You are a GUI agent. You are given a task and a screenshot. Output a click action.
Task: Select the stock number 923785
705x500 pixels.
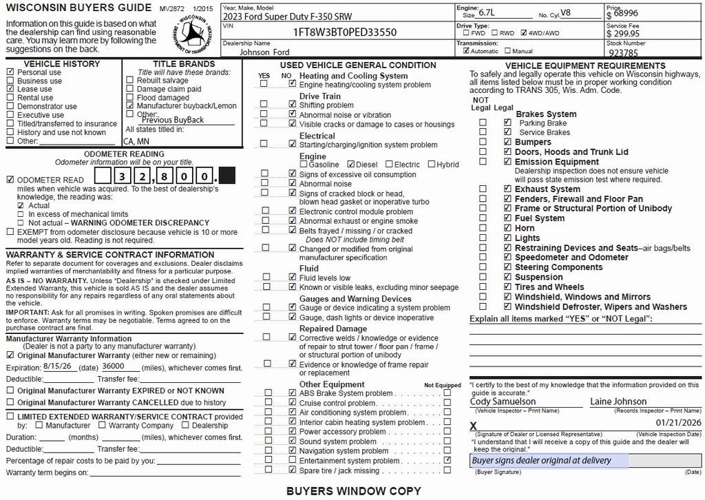[x=623, y=52]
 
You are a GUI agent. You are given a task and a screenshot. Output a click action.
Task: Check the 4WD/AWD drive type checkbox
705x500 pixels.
[x=525, y=32]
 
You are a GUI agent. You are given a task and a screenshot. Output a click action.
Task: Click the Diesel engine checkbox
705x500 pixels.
[x=352, y=165]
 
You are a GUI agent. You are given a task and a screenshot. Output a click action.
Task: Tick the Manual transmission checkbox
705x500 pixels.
[x=508, y=51]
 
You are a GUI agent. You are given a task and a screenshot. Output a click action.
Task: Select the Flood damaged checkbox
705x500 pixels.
[x=130, y=98]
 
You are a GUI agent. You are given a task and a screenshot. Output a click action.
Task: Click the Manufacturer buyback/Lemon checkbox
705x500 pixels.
[x=130, y=106]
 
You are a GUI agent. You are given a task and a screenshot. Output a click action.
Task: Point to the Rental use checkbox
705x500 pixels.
[x=10, y=98]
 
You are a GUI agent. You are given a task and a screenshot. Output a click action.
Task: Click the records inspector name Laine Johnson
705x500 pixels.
[x=618, y=401]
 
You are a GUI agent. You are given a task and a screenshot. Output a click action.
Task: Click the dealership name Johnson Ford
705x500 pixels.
[x=264, y=52]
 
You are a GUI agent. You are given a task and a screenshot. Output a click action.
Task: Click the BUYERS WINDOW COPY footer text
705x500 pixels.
[x=353, y=491]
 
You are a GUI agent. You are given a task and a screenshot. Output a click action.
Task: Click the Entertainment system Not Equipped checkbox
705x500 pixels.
[x=448, y=459]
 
